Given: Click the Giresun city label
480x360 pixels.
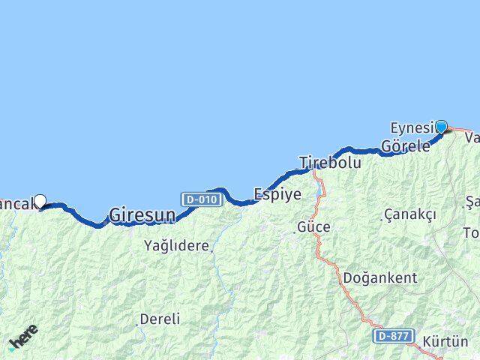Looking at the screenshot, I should click(x=142, y=215).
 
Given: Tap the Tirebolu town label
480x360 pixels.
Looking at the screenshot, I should click(x=330, y=162).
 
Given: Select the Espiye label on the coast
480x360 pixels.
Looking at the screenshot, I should click(x=277, y=194).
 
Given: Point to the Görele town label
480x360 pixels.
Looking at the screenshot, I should click(x=405, y=146).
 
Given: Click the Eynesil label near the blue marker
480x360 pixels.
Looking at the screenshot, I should click(x=412, y=127).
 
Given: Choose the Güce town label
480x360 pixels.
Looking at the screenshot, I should click(x=313, y=226).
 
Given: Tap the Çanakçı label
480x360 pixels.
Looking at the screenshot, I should click(x=409, y=214).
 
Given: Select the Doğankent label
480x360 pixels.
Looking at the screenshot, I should click(x=379, y=277).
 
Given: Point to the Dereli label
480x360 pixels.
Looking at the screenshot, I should click(x=160, y=319).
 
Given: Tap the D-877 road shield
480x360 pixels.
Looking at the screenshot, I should click(x=392, y=336).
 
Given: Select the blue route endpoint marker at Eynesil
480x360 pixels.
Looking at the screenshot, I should click(x=441, y=127).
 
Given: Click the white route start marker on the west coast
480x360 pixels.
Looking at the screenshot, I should click(x=40, y=200).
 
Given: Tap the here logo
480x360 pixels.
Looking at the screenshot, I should click(x=23, y=338).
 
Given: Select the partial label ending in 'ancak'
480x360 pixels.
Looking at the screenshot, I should click(x=16, y=202).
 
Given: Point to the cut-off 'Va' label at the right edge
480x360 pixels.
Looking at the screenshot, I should click(x=472, y=138).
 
